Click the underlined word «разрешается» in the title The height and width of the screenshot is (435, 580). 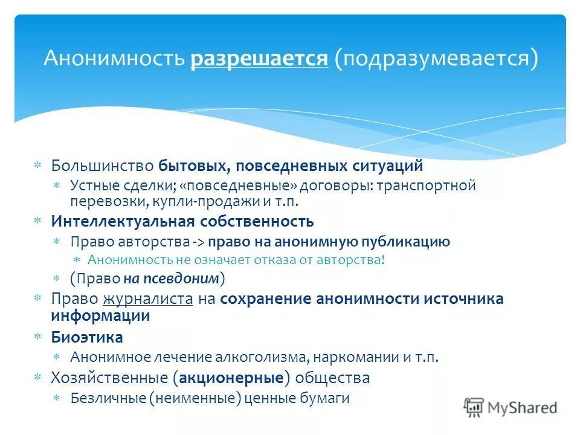point(260,60)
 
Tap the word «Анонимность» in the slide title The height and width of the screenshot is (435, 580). point(115,60)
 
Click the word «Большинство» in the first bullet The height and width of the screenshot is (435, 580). point(103,166)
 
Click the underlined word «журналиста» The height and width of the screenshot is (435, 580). point(148,298)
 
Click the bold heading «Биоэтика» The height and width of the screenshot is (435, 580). point(87,337)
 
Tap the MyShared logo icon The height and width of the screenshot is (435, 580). point(474,407)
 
